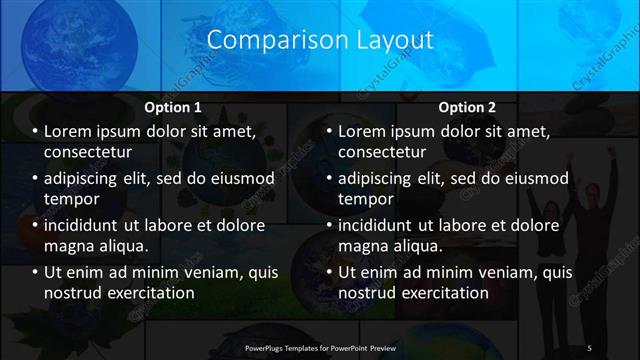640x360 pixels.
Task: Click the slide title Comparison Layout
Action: coord(320,41)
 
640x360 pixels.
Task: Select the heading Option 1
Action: coord(173,107)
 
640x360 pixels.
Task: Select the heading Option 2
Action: coord(466,107)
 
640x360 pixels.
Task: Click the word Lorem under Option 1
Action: coord(71,132)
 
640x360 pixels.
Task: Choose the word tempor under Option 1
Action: coord(70,199)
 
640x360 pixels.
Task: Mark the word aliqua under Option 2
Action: coord(420,245)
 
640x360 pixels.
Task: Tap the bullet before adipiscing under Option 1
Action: coord(35,179)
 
